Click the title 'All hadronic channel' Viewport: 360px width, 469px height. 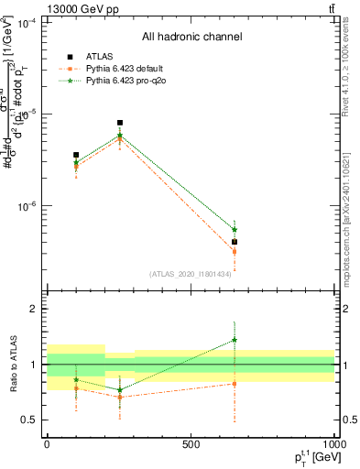[x=191, y=38]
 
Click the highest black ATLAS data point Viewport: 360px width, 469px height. [x=120, y=123]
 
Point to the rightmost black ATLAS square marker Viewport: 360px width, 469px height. [x=235, y=242]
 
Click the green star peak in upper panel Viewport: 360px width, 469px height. [x=120, y=136]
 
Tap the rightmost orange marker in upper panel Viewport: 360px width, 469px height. [x=235, y=251]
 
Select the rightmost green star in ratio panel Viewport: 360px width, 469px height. [x=235, y=340]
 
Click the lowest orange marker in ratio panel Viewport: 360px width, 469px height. [x=120, y=398]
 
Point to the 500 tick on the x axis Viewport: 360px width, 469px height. [x=191, y=444]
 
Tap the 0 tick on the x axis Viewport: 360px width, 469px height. [x=47, y=444]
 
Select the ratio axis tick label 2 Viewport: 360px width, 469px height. [x=31, y=310]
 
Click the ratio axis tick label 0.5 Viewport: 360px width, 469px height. [x=27, y=420]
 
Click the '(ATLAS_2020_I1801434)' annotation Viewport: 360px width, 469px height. [x=191, y=274]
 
